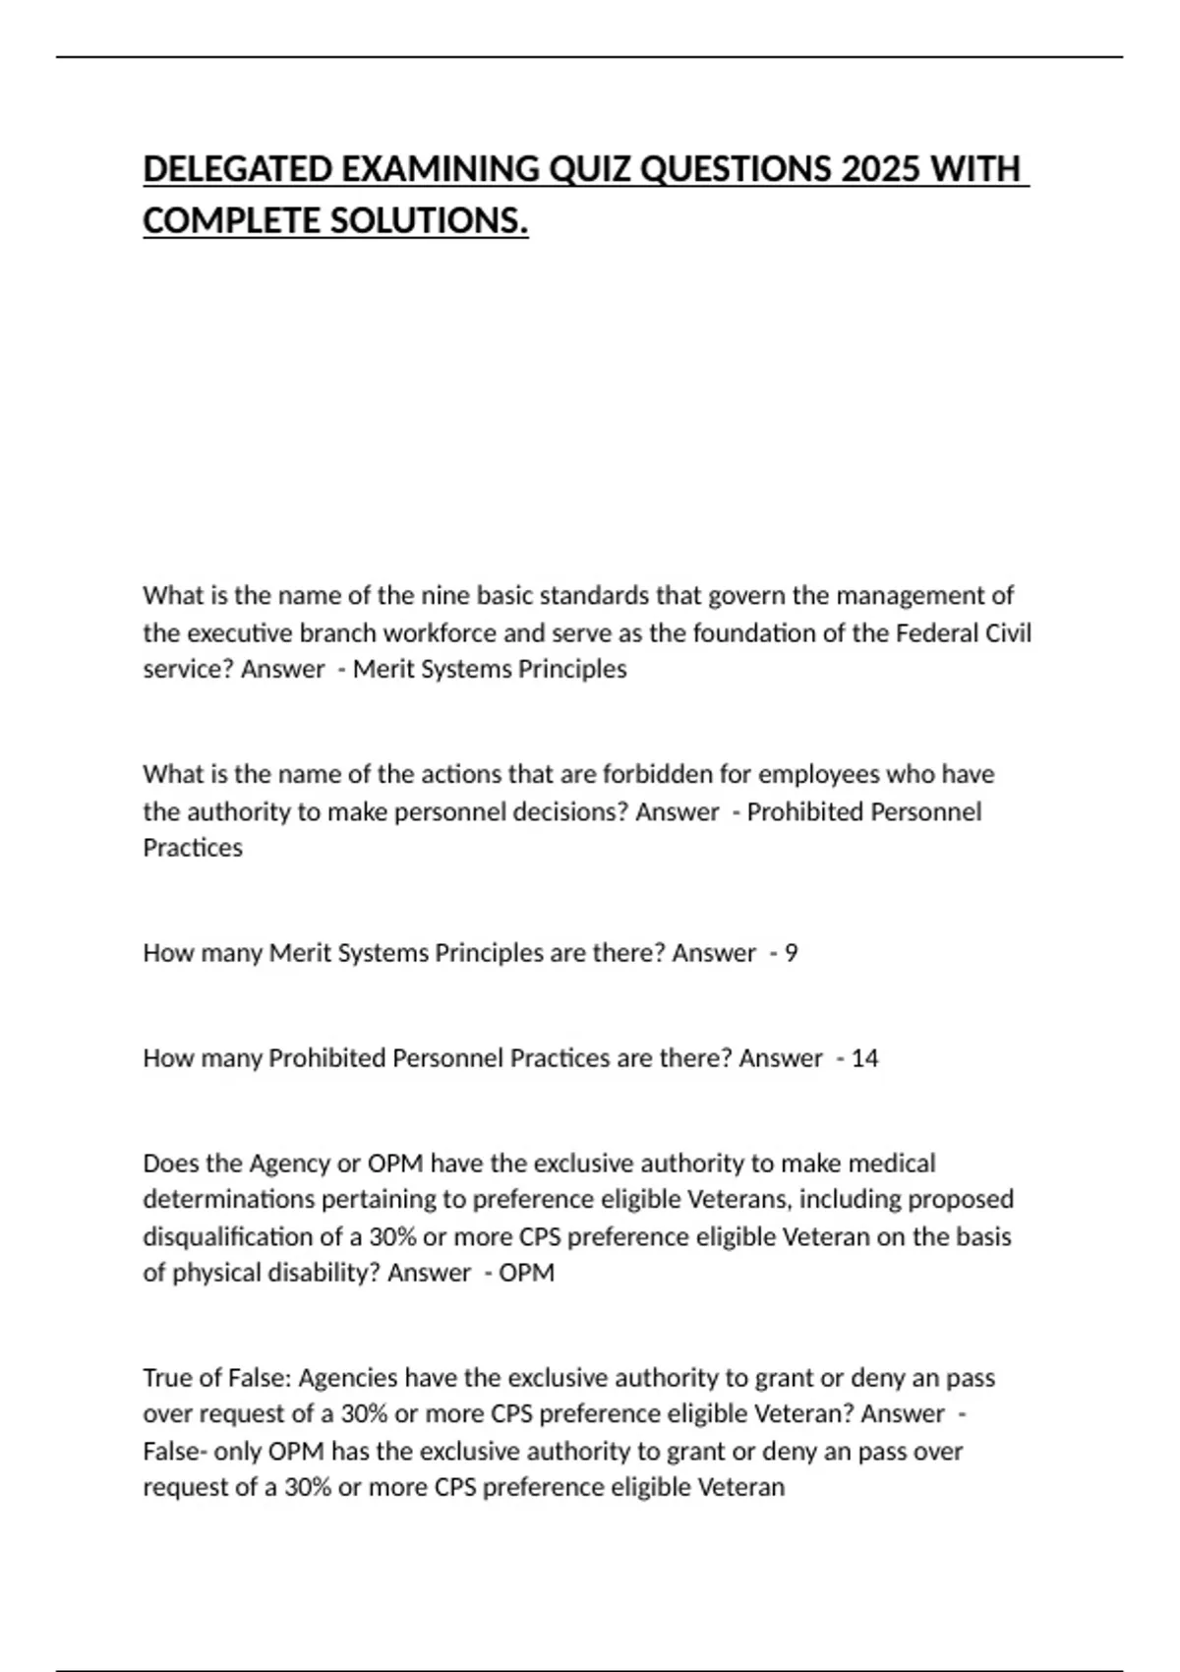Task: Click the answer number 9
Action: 792,953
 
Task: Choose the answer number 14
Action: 864,1058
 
